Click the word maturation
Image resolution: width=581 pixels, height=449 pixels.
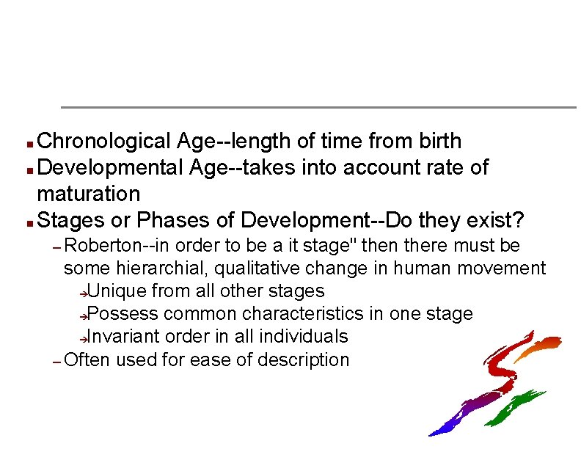tap(88, 194)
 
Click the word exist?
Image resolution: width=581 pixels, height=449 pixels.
tap(497, 220)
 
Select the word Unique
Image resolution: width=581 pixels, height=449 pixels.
tap(117, 291)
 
